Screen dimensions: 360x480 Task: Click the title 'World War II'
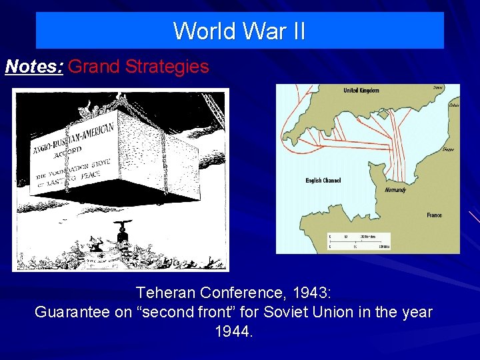239,31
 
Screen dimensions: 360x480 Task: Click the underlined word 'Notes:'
34,67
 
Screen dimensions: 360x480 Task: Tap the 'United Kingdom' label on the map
361,91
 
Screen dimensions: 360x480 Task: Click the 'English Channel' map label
323,180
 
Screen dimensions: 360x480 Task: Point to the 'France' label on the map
434,215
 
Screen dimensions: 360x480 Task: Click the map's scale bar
359,241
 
